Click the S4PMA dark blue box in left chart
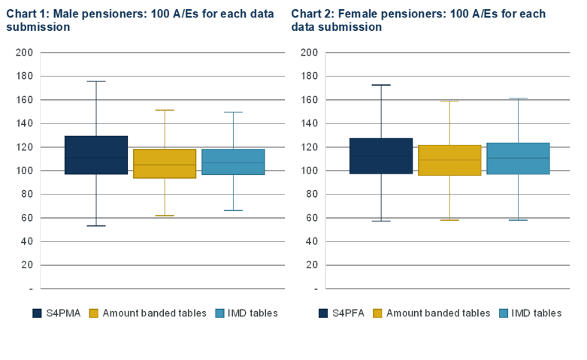coord(96,155)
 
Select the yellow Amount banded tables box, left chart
coord(165,163)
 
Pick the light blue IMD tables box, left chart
coord(233,162)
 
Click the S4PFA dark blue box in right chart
coord(381,156)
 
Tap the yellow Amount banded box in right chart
coord(449,160)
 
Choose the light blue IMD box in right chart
coord(518,159)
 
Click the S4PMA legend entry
coord(56,313)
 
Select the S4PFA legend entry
coord(342,313)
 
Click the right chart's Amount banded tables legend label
coord(437,313)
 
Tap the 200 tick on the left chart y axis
coord(25,53)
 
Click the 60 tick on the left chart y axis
coord(27,218)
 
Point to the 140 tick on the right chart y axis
coord(310,123)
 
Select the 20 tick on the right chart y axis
coord(312,265)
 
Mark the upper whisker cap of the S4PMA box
coord(96,81)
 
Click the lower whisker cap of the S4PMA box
coord(96,225)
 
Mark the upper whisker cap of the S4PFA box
coord(381,85)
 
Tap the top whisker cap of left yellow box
coord(165,110)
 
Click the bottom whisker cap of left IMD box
coord(233,210)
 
